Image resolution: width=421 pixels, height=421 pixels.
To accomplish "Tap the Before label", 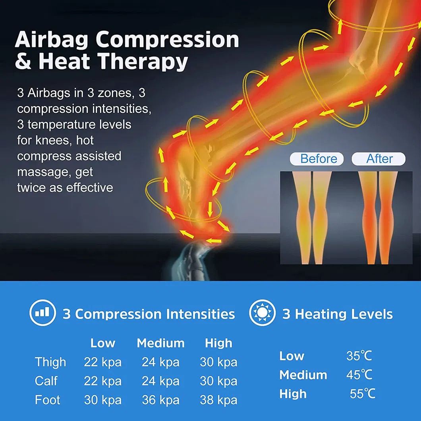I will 319,159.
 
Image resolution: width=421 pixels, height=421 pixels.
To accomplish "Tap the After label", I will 379,159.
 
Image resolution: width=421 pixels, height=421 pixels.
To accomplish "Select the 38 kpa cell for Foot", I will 218,400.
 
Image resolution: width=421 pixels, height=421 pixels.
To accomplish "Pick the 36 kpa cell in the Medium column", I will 160,400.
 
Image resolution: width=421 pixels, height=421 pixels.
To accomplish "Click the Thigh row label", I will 50,362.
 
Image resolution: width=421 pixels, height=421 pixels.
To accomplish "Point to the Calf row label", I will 46,381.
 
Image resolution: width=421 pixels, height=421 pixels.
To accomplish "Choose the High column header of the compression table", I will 218,343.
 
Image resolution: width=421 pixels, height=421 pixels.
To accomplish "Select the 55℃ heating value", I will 362,394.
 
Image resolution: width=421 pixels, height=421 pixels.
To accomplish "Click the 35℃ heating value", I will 359,356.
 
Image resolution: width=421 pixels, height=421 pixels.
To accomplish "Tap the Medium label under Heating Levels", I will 303,375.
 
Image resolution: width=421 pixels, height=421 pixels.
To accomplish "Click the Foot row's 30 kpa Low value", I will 102,400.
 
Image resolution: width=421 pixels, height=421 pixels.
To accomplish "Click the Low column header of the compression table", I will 102,343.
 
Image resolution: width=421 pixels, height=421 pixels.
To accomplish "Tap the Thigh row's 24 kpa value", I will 160,362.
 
